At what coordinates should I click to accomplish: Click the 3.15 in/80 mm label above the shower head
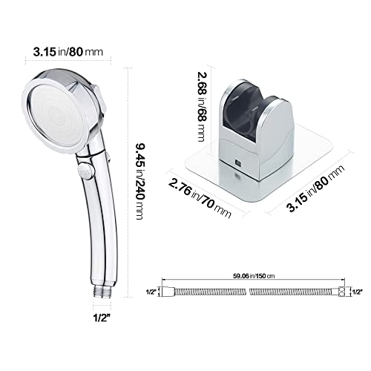(54, 52)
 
